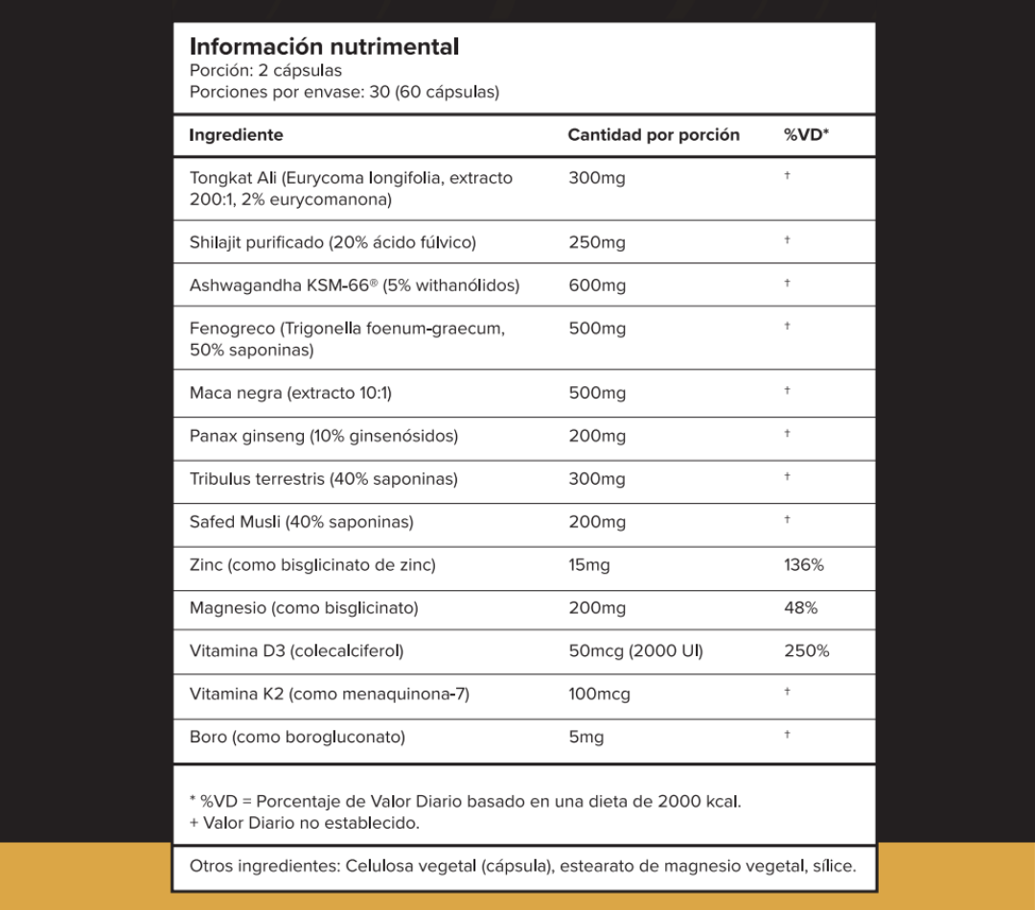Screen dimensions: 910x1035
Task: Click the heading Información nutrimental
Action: pyautogui.click(x=324, y=46)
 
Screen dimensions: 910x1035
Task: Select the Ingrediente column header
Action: pyautogui.click(x=236, y=135)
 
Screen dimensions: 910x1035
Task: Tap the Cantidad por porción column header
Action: pyautogui.click(x=654, y=135)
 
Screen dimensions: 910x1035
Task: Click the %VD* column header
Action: pyautogui.click(x=806, y=135)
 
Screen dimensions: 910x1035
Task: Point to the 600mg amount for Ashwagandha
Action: pyautogui.click(x=596, y=285)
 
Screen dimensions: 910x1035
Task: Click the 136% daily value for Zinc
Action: pyautogui.click(x=803, y=565)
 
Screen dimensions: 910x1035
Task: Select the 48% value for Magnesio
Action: pyautogui.click(x=800, y=608)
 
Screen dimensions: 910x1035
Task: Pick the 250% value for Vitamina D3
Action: pyautogui.click(x=806, y=651)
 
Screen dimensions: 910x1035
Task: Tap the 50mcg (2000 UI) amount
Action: pyautogui.click(x=635, y=651)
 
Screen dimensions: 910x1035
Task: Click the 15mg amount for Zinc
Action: pyautogui.click(x=588, y=565)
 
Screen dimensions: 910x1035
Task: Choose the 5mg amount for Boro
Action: pyautogui.click(x=586, y=738)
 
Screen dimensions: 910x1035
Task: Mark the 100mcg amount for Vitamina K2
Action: pyautogui.click(x=599, y=694)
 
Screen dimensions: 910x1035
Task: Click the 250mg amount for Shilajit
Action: pyautogui.click(x=596, y=242)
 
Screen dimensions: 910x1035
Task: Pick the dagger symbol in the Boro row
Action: pyautogui.click(x=787, y=735)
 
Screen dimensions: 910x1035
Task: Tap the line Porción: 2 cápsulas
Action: pyautogui.click(x=265, y=70)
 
